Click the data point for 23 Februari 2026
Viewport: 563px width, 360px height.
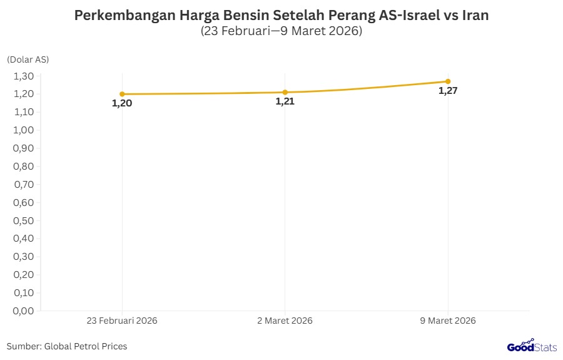tap(122, 94)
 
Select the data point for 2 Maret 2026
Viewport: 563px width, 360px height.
tap(285, 92)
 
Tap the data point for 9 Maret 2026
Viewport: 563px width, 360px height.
tap(448, 81)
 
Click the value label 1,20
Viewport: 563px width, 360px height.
tap(122, 103)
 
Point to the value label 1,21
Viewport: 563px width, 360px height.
tap(285, 101)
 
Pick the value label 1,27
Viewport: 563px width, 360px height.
tap(448, 91)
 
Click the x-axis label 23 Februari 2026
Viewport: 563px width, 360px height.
tap(122, 321)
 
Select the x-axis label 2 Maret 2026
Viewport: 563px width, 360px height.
tap(285, 321)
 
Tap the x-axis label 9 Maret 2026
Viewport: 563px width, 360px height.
tap(448, 321)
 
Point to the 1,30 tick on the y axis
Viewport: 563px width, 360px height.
tap(23, 76)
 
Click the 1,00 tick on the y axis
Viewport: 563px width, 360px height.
tap(23, 130)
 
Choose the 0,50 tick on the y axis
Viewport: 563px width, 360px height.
tap(23, 220)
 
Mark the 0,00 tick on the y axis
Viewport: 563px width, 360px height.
tap(23, 311)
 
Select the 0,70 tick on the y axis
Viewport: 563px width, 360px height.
tap(23, 184)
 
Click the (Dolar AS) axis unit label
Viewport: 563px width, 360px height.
tap(28, 59)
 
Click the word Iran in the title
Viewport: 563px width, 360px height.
tap(475, 16)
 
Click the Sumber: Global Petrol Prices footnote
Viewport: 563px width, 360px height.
tap(67, 346)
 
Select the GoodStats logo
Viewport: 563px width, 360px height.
tap(531, 346)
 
